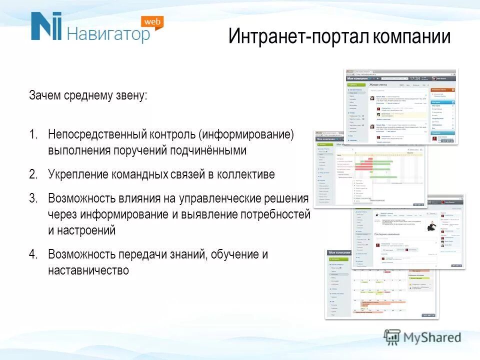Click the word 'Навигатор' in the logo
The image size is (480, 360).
pyautogui.click(x=108, y=34)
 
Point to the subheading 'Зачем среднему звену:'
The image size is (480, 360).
pyautogui.click(x=88, y=95)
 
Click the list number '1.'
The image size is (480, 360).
pyautogui.click(x=33, y=134)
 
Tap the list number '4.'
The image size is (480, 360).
pyautogui.click(x=33, y=254)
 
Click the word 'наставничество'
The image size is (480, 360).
pyautogui.click(x=88, y=270)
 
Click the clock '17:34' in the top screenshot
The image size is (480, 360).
pyautogui.click(x=414, y=78)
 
